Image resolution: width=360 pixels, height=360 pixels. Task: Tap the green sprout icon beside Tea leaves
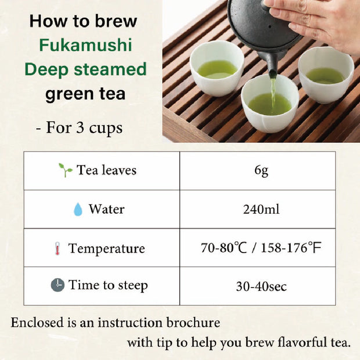[65, 170]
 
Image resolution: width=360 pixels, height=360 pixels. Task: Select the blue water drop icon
[78, 210]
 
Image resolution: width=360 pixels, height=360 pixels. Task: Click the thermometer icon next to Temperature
[56, 249]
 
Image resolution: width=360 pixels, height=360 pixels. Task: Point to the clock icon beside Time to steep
[57, 285]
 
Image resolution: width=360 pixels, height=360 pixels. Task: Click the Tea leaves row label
[107, 170]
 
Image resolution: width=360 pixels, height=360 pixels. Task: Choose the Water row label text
[106, 209]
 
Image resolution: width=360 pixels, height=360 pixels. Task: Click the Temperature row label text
[106, 249]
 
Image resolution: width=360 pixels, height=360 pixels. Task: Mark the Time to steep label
[108, 285]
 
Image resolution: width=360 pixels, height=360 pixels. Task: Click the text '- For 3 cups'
[84, 127]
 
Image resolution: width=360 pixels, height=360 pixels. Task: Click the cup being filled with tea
[270, 103]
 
